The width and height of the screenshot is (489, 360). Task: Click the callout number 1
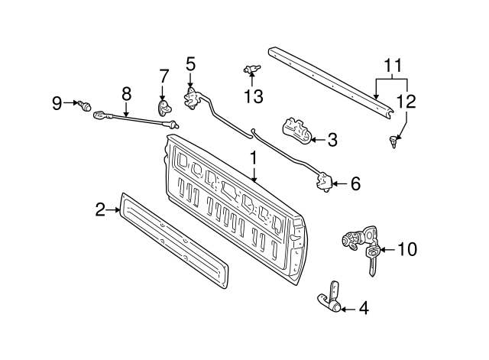click(254, 160)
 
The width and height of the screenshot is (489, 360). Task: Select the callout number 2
click(100, 209)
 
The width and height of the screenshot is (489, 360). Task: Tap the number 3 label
click(332, 140)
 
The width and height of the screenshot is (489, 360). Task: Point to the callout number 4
click(363, 310)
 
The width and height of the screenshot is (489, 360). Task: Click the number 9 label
click(57, 103)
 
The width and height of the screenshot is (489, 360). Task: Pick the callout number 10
click(408, 249)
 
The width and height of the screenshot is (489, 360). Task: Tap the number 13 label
click(253, 96)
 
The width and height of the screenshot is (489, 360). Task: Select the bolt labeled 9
click(85, 103)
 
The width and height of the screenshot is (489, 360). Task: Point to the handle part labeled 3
click(299, 131)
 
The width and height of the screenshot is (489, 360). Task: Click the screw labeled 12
click(393, 140)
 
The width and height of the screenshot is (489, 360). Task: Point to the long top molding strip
click(329, 80)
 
